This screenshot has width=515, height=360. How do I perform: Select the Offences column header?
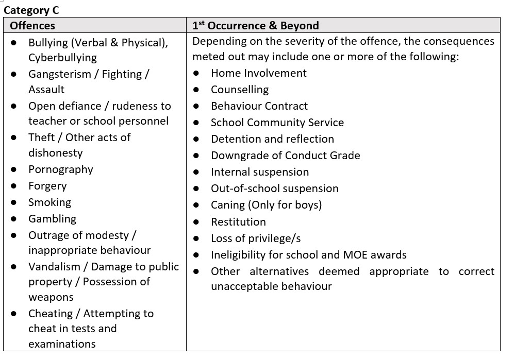(x=32, y=25)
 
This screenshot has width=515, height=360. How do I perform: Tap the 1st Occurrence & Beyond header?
(x=256, y=25)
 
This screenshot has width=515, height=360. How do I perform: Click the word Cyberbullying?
(x=62, y=58)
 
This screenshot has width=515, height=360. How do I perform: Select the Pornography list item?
(x=61, y=169)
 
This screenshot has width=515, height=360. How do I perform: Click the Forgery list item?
(x=47, y=186)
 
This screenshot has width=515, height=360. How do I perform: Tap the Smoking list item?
(x=49, y=202)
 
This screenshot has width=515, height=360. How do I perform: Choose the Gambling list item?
(x=52, y=219)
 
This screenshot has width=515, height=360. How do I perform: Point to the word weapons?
(x=51, y=297)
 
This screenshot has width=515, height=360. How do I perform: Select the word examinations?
(x=62, y=344)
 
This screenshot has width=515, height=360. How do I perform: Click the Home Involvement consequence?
(x=258, y=73)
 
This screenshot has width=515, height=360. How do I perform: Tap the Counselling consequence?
(x=240, y=90)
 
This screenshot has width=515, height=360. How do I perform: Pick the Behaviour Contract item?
(x=259, y=106)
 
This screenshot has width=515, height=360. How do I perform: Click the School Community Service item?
(x=277, y=123)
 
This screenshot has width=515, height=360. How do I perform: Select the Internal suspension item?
(x=260, y=172)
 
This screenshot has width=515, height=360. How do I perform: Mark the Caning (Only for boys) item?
(x=266, y=205)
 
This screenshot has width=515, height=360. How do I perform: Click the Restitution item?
(x=238, y=222)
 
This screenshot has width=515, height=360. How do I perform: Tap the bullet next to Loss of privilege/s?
(x=196, y=239)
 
